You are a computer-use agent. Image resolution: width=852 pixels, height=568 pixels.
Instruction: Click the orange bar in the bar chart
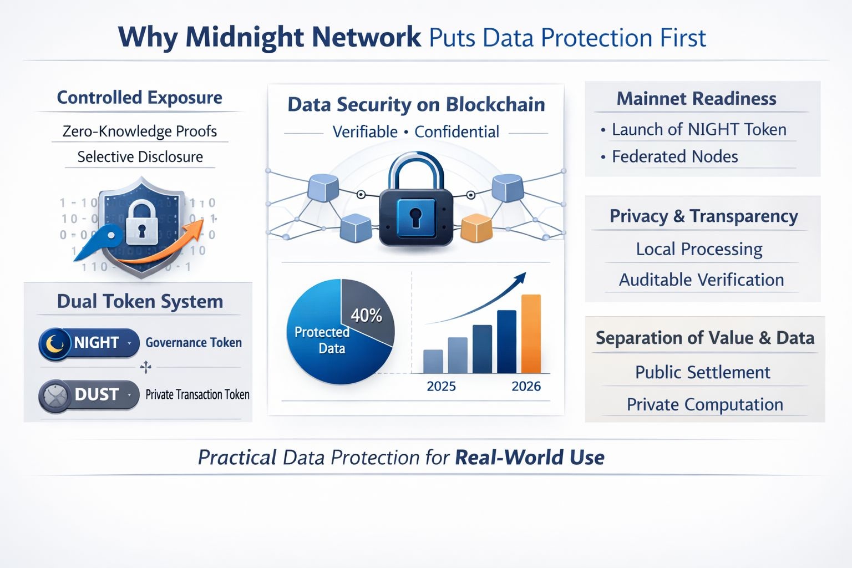531,334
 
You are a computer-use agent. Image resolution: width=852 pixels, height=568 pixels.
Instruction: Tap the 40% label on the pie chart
366,316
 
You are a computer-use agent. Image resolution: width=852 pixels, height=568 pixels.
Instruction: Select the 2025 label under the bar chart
441,386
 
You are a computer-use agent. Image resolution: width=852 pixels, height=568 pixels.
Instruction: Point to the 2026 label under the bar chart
526,386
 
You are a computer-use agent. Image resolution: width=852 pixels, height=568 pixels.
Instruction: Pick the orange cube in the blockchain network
476,228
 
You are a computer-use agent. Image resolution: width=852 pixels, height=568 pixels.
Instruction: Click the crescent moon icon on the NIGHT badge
55,343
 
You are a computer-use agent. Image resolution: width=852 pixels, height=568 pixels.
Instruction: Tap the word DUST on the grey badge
97,394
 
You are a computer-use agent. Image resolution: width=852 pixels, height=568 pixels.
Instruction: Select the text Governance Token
194,343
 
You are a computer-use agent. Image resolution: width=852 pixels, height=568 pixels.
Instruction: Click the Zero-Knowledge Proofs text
140,131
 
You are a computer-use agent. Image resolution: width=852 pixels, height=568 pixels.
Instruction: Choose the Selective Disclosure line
140,157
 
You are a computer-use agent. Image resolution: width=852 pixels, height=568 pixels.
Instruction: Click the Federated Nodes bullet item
674,157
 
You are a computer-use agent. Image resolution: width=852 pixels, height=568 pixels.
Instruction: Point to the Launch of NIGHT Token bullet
699,130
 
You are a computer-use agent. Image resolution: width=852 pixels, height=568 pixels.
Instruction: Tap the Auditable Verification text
701,280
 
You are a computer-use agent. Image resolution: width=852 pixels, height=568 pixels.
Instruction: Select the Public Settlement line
702,372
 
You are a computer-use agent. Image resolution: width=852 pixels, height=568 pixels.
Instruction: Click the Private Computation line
704,404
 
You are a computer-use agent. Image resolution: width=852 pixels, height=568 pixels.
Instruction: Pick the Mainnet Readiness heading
696,99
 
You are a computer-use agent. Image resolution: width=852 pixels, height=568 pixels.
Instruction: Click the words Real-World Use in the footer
529,458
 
